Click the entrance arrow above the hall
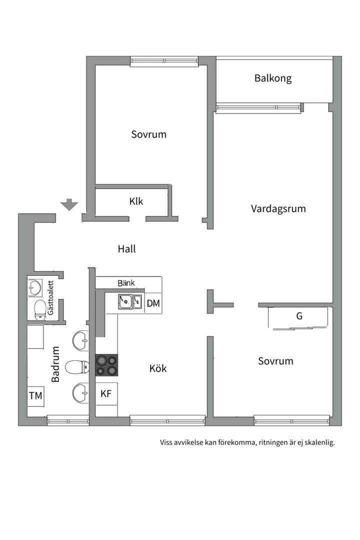69,204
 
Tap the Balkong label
272,78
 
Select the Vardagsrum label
278,208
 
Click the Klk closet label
136,201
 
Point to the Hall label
127,248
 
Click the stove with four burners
107,364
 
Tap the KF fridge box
106,393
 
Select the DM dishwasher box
153,303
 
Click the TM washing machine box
35,396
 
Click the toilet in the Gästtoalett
40,309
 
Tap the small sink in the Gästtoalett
35,287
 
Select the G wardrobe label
299,316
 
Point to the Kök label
158,368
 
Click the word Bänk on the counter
126,283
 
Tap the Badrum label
55,364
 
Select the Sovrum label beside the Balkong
148,134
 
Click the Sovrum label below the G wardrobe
275,361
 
